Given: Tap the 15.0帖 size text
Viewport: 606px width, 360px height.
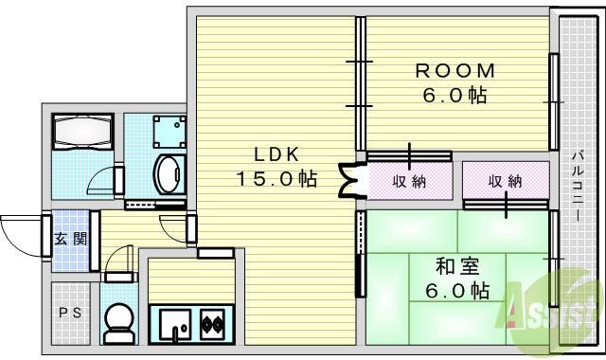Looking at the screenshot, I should (276, 178).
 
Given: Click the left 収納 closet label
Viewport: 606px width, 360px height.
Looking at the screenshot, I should (409, 180).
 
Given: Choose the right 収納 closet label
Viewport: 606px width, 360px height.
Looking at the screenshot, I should (506, 180).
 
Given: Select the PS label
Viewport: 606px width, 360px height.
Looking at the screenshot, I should (69, 313).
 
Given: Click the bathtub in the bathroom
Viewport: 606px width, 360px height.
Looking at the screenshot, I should (81, 135).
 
